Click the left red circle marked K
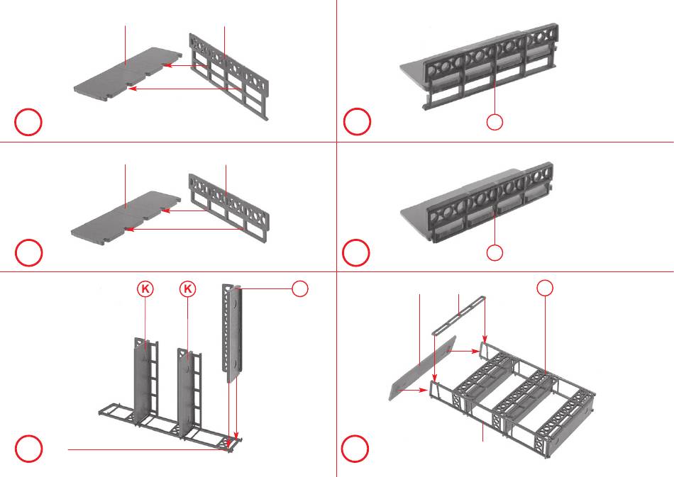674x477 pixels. point(145,288)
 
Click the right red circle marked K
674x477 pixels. point(187,288)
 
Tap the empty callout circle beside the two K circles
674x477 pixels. point(300,288)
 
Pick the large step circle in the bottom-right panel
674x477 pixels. point(356,449)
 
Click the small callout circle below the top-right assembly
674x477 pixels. point(495,123)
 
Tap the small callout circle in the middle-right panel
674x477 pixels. point(495,252)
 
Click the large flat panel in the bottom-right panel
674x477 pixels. point(422,369)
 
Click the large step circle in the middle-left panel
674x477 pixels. point(28,252)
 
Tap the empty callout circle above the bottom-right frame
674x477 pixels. point(544,287)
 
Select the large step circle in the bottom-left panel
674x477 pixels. point(28,449)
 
